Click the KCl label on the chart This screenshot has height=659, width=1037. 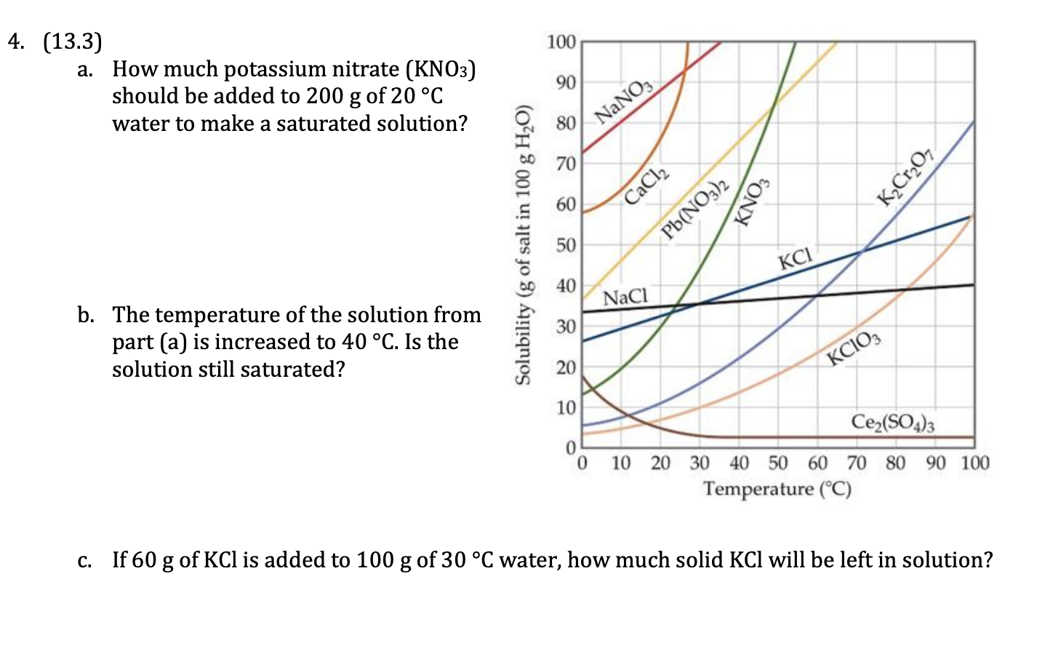pos(795,258)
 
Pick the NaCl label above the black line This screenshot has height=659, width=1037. pos(625,297)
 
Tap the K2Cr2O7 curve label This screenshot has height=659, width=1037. pos(905,177)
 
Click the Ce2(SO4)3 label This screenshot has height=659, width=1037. pos(893,422)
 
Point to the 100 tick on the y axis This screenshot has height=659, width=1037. pos(561,41)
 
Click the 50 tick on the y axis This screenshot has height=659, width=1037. pos(566,245)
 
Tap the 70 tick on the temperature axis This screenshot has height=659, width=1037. pos(857,463)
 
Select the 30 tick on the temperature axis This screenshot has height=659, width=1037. pos(700,463)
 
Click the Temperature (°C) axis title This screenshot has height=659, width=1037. pos(777,489)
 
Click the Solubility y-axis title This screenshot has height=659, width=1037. pos(522,244)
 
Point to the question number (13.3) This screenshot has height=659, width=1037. pos(73,41)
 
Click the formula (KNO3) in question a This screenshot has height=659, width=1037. pos(441,69)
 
